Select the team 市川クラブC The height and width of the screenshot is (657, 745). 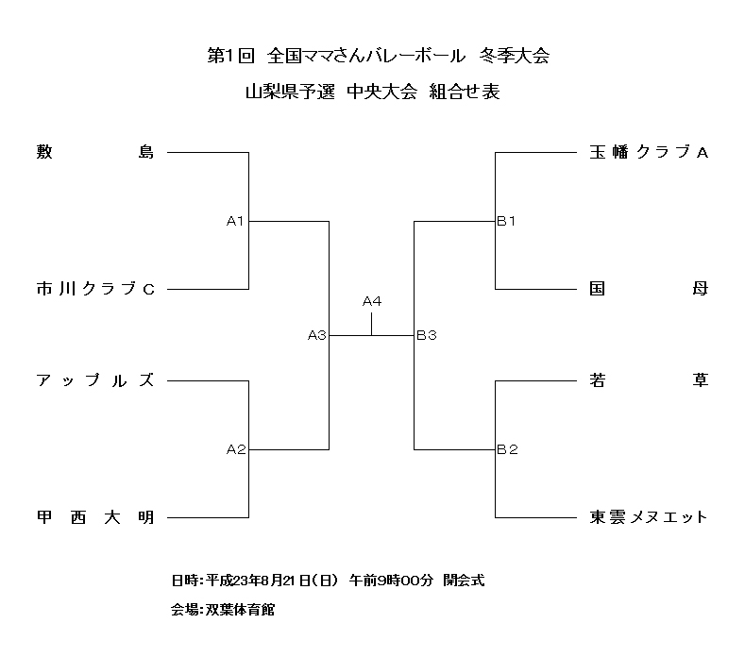(x=94, y=289)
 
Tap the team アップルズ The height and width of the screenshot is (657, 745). (x=94, y=380)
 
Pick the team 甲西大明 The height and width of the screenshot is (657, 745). (x=94, y=517)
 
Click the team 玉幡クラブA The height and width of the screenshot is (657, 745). (x=648, y=151)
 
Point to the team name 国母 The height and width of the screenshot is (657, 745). (x=648, y=289)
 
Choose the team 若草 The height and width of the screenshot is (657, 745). (x=648, y=380)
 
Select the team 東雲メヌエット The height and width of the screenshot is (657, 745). (x=648, y=517)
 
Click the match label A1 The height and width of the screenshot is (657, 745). (x=235, y=221)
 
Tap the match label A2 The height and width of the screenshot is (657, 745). (x=235, y=449)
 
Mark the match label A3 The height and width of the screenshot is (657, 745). (x=316, y=335)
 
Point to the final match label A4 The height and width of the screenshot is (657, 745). (x=372, y=301)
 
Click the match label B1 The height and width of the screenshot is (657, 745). (x=507, y=221)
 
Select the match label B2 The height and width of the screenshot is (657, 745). (x=507, y=449)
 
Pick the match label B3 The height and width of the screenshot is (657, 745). (x=426, y=335)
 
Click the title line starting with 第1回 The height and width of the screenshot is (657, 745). (x=377, y=56)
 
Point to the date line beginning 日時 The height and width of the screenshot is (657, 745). (x=328, y=580)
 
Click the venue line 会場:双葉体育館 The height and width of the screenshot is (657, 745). (x=223, y=610)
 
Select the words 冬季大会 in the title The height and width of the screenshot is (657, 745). (x=514, y=56)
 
